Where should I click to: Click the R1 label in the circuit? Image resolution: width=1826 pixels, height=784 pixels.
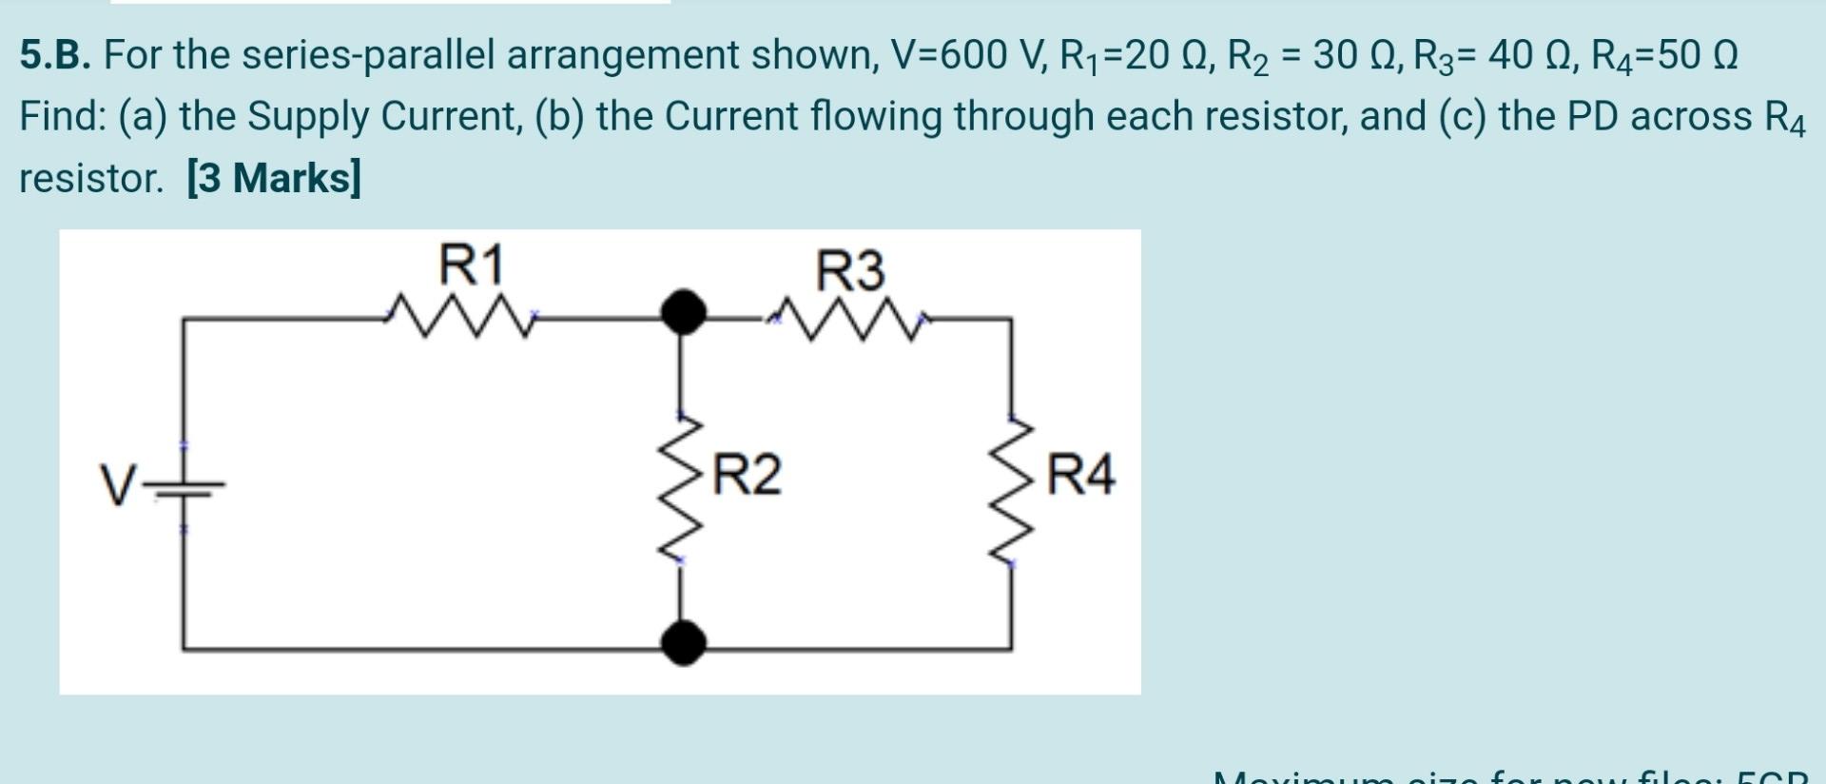(471, 265)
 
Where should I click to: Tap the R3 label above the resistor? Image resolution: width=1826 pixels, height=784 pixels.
(850, 270)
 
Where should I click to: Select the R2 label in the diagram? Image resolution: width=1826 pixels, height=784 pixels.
(748, 475)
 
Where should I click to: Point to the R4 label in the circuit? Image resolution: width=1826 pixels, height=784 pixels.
(1080, 475)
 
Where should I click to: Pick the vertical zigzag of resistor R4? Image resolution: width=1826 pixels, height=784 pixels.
(1013, 490)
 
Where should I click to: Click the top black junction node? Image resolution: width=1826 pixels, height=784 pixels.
(683, 311)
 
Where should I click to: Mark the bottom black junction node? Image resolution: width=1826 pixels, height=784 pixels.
(683, 642)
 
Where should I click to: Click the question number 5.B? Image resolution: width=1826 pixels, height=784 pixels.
(56, 56)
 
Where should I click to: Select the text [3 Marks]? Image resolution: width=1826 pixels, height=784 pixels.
(274, 178)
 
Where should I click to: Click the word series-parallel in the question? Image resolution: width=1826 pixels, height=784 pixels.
(367, 56)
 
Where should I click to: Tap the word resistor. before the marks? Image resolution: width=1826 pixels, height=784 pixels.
(92, 178)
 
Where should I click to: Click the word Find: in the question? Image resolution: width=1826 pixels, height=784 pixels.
(62, 117)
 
